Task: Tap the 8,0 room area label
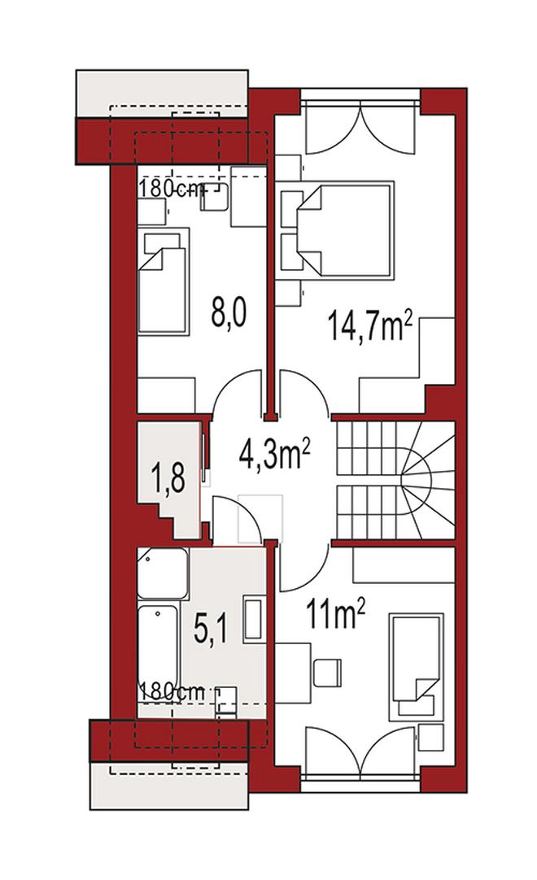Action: (x=229, y=312)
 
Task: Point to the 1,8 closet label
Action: (x=168, y=477)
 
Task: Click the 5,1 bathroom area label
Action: (x=210, y=630)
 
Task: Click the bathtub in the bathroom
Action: (x=159, y=652)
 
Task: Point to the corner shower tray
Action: (x=163, y=573)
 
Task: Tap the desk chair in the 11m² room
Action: (x=327, y=673)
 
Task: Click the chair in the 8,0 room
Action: (x=215, y=198)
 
